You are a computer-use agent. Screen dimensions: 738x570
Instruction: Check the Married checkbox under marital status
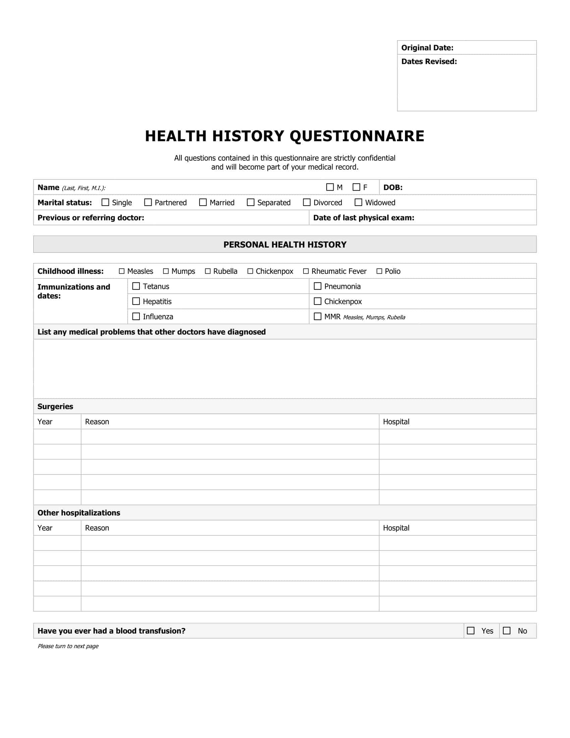203,202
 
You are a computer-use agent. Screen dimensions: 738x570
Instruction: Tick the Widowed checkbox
358,202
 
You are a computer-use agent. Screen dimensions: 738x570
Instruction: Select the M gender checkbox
330,187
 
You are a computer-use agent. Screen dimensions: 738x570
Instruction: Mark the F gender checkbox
356,187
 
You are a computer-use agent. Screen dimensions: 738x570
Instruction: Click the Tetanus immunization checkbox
136,286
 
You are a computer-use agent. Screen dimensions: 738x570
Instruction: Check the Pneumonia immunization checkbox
318,286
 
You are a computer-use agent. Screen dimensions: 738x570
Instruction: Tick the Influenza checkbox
136,316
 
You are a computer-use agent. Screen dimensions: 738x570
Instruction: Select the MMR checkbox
318,316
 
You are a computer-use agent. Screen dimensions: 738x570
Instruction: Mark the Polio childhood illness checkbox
379,271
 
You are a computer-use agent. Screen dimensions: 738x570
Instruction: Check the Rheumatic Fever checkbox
306,271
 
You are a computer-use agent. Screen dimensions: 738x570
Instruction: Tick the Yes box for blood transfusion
470,631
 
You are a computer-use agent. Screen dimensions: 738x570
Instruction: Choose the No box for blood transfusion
507,631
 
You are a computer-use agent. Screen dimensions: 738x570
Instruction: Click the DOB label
393,188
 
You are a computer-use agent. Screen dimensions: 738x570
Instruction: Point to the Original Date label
427,48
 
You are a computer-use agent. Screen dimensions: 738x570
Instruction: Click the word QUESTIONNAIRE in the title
357,136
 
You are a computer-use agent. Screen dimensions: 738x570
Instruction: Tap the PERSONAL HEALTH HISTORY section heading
285,245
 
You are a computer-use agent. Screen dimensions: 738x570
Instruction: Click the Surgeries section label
55,407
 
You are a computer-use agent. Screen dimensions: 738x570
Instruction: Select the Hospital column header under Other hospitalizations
396,528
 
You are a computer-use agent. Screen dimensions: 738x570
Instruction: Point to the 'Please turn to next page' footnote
68,646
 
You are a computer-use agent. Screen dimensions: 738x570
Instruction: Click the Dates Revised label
429,61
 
